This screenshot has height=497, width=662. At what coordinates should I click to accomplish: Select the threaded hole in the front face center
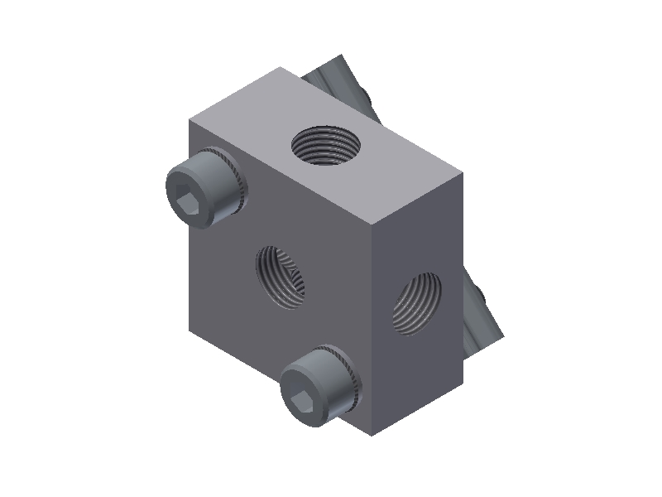point(279,277)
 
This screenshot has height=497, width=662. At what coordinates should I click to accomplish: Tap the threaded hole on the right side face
point(415,303)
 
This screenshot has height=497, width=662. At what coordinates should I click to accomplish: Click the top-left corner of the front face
point(189,121)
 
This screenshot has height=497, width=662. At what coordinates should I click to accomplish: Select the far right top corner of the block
point(463,174)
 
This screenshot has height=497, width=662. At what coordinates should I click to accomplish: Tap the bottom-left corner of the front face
point(189,329)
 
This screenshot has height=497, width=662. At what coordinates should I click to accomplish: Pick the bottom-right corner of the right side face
point(463,383)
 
